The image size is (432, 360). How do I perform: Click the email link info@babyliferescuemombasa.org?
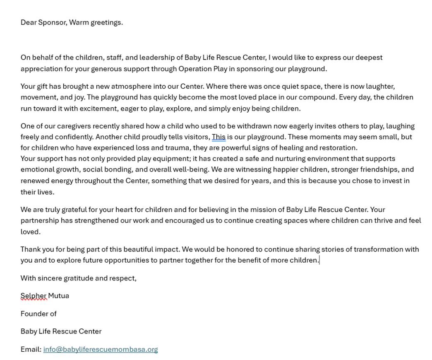pos(101,349)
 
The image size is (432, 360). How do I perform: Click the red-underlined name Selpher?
pos(34,296)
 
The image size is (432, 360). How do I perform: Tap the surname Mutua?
pos(58,296)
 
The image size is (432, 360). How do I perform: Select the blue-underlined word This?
pos(218,137)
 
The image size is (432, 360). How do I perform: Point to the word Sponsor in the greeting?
pos(52,22)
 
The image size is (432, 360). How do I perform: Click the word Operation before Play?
pos(194,69)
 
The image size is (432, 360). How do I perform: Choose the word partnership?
pos(40,220)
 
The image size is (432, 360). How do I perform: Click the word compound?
pos(318,97)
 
